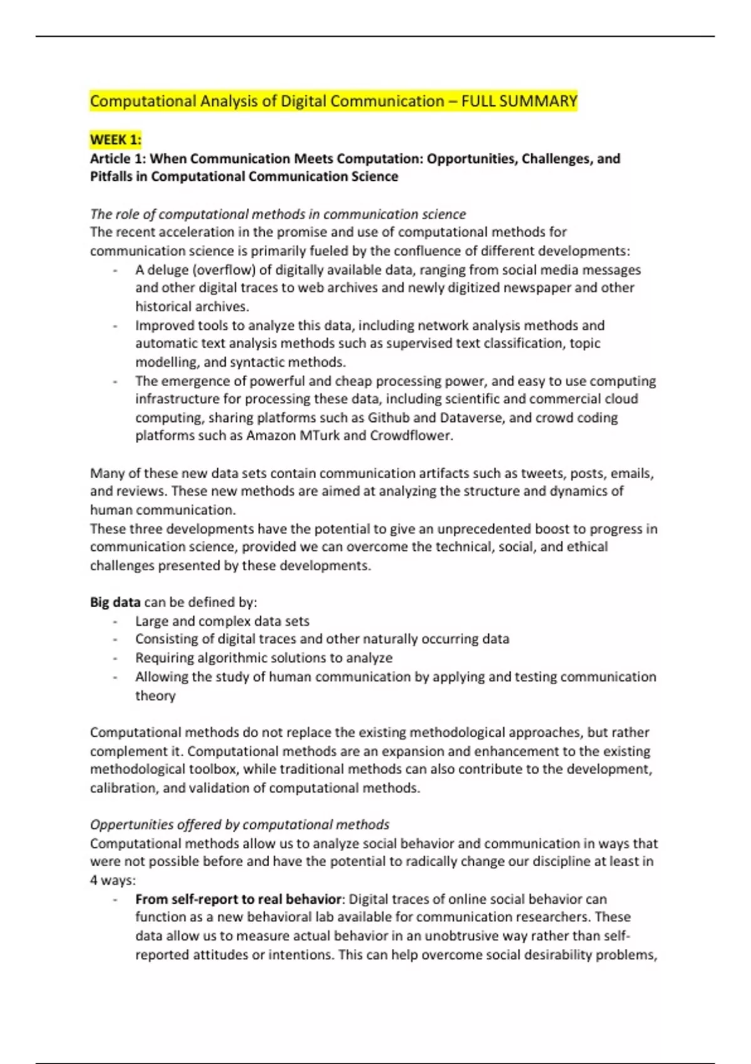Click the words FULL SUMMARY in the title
click(519, 101)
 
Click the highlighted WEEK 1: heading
click(116, 139)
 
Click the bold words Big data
click(115, 602)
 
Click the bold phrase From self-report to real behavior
click(238, 899)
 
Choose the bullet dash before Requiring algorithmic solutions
click(115, 658)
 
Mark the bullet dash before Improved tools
click(115, 326)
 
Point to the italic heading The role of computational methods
click(278, 214)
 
